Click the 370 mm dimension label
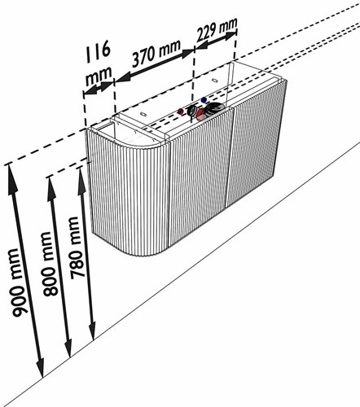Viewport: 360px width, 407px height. click(156, 54)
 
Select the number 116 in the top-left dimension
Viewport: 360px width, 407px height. click(99, 51)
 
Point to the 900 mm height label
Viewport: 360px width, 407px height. click(20, 283)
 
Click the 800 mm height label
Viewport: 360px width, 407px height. click(50, 264)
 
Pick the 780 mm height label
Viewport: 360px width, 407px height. click(77, 247)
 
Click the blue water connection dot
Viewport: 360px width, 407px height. click(204, 100)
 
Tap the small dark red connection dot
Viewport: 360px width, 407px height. click(180, 112)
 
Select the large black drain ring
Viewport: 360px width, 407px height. click(214, 108)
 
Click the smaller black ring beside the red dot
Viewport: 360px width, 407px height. click(192, 110)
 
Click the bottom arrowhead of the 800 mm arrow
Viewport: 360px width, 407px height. click(68, 346)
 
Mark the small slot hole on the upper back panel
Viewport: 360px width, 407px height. click(214, 80)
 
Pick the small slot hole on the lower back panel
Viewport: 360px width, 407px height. click(143, 114)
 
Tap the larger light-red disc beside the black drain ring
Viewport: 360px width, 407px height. click(201, 115)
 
